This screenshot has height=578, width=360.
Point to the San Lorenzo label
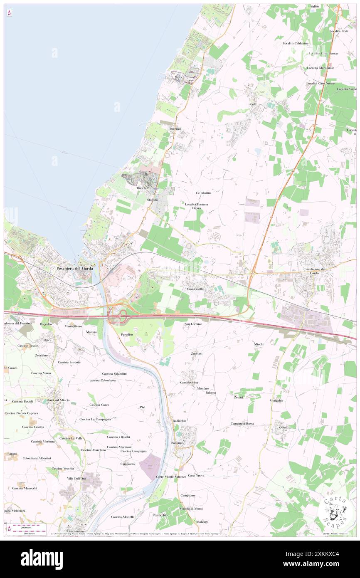coord(193,324)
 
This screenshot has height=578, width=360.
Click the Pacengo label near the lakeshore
coord(175,129)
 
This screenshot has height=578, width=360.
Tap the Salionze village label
coord(177,443)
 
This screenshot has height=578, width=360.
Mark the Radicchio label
coord(179,421)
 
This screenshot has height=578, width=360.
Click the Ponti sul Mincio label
coord(59,400)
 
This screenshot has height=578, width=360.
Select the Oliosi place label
coord(283,427)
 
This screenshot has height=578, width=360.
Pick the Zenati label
coord(238,398)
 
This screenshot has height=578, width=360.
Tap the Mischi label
coord(259,344)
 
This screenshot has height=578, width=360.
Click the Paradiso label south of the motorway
coord(127,334)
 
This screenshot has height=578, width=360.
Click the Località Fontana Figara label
coord(197,207)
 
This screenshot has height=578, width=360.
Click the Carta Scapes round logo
coord(335,510)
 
